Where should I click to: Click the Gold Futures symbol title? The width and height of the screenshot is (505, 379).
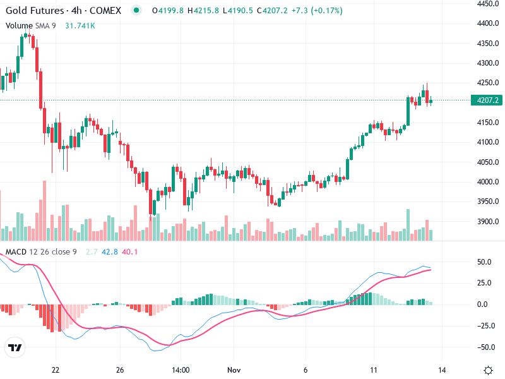tap(34, 11)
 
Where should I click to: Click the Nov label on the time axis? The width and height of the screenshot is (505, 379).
tap(234, 370)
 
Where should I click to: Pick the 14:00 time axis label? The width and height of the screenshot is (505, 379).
tap(181, 370)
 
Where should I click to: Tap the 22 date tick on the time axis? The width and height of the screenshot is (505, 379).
tap(56, 370)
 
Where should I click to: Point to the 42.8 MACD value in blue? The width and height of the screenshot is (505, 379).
tap(109, 252)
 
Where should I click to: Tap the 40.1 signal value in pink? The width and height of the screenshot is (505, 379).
tap(129, 252)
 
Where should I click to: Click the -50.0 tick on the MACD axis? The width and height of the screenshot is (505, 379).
tap(485, 347)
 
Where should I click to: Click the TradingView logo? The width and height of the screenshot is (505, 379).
tap(15, 347)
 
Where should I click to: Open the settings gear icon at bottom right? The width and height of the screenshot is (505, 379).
tap(488, 370)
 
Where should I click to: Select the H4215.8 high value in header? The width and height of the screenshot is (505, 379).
tap(201, 11)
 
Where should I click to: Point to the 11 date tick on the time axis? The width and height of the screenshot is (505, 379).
tap(373, 370)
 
